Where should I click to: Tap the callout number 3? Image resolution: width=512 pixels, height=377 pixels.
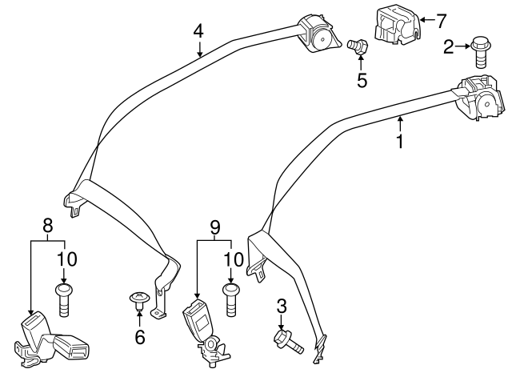(x=282, y=305)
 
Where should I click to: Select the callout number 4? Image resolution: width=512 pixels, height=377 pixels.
(x=198, y=33)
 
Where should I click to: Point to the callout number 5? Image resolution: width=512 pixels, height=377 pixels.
(x=362, y=81)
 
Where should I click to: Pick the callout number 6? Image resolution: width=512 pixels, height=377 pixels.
(x=140, y=337)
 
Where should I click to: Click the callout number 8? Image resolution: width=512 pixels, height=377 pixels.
(x=47, y=225)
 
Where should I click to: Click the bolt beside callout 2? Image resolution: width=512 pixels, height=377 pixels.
(x=482, y=51)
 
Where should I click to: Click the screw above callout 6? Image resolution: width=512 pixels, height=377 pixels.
(x=139, y=302)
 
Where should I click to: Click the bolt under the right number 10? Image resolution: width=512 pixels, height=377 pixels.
(x=231, y=298)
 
